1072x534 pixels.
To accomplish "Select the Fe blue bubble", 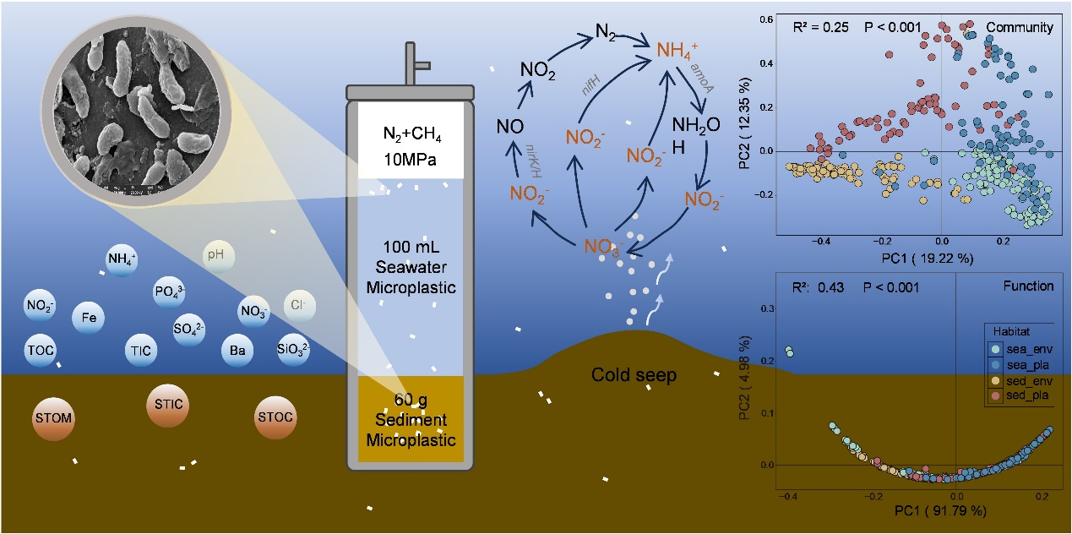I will tap(88, 319).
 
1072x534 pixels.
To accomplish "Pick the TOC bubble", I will tap(41, 346).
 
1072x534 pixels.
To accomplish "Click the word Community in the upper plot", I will tap(1024, 27).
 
